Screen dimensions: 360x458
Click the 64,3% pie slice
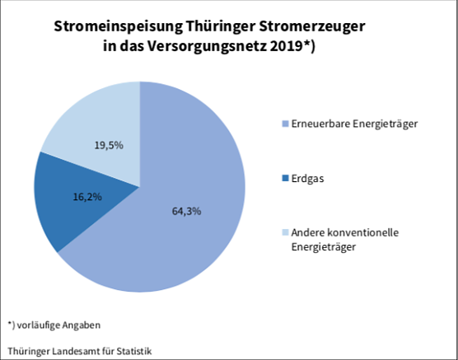(x=189, y=239)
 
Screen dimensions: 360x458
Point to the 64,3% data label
(x=187, y=211)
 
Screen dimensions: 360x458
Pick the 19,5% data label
(x=109, y=145)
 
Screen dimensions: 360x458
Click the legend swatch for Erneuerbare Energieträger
(x=285, y=124)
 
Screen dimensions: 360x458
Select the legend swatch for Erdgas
(x=285, y=178)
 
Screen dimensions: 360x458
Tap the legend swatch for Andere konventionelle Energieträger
(x=285, y=233)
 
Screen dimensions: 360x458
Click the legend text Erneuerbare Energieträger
(x=351, y=124)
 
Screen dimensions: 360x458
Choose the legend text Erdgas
(x=307, y=178)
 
